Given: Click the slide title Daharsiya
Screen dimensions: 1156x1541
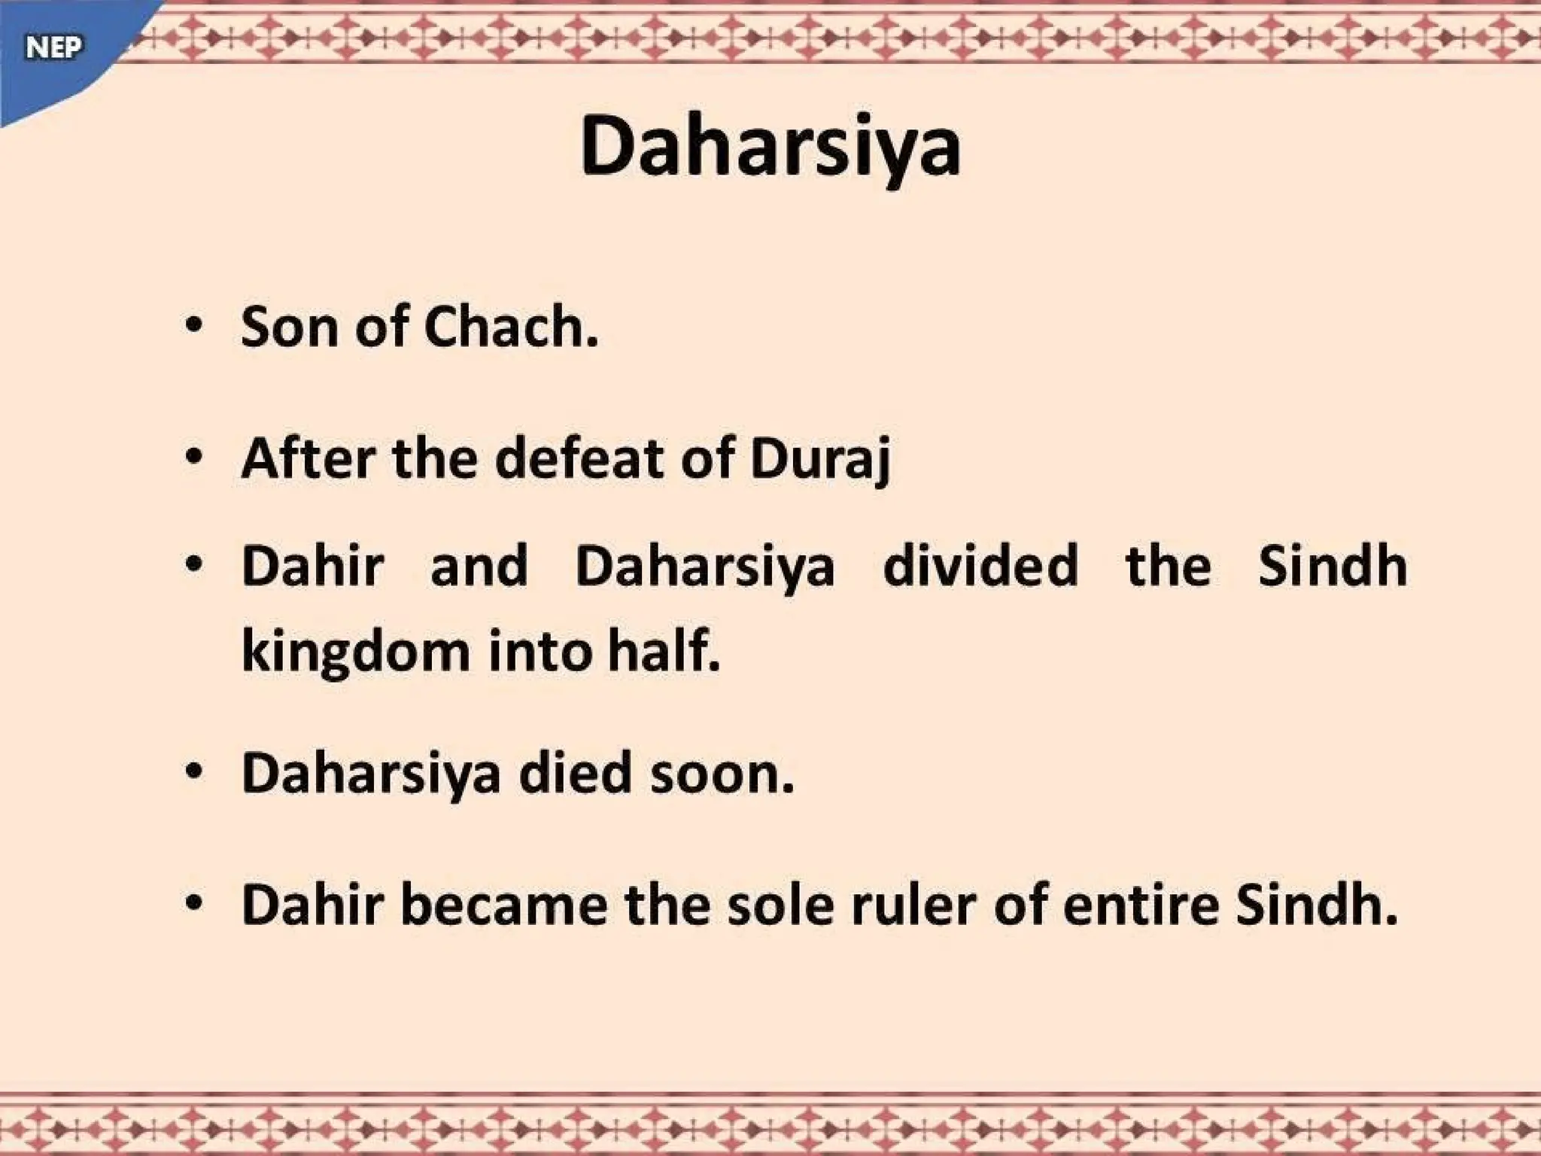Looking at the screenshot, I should (770, 147).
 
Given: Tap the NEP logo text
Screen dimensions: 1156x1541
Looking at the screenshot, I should (53, 48).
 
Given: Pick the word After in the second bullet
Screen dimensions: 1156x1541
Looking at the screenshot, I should (307, 458).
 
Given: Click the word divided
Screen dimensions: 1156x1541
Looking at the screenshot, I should (980, 566).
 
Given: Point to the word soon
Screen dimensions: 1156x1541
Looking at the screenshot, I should (722, 774).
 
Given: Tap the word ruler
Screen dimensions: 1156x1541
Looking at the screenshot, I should (913, 904).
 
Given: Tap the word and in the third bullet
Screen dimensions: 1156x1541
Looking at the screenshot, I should (479, 566).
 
